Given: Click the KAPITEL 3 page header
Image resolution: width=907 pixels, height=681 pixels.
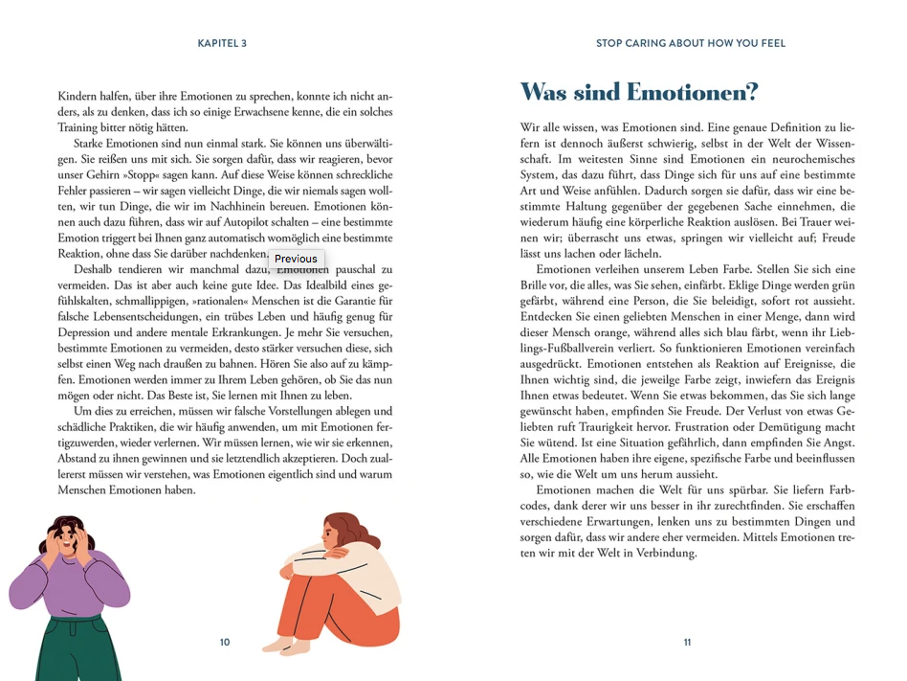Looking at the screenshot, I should click(222, 43).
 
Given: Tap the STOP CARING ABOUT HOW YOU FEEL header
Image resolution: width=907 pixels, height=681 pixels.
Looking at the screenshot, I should click(690, 43).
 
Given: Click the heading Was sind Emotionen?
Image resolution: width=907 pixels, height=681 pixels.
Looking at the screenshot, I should click(638, 93).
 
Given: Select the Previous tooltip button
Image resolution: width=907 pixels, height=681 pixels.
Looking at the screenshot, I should click(296, 259).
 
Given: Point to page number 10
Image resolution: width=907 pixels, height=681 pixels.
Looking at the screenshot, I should click(225, 643).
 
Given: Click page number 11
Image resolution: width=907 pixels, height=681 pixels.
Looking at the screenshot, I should click(687, 643).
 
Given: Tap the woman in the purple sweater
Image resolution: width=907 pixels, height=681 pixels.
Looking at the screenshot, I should click(69, 575).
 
